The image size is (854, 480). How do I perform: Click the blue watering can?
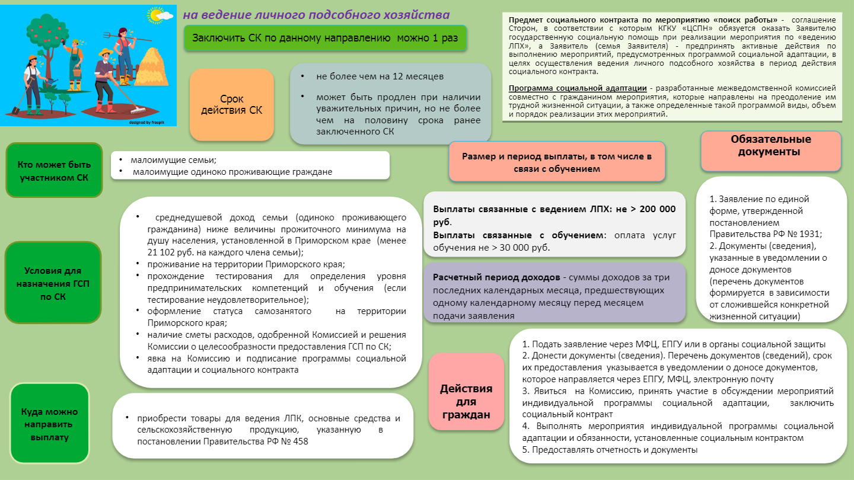(x=53, y=80)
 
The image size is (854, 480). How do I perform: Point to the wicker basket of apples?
(x=77, y=71)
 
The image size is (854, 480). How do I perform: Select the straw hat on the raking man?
(x=106, y=52)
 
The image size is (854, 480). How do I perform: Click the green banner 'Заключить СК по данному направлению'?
(x=325, y=38)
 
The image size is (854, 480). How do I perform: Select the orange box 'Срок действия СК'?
(x=232, y=104)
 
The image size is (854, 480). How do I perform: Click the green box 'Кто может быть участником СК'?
(x=53, y=170)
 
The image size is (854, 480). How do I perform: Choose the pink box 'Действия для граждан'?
(x=466, y=401)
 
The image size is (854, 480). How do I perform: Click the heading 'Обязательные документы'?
(x=770, y=146)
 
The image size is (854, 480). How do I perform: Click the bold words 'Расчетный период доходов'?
(x=496, y=278)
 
